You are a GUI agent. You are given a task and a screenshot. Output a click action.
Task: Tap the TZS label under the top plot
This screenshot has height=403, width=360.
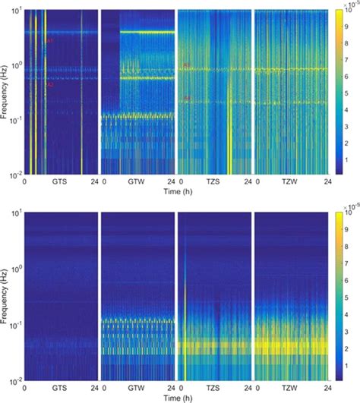click(x=213, y=183)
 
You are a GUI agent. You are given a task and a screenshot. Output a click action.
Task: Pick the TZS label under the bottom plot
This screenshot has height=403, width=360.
click(x=213, y=388)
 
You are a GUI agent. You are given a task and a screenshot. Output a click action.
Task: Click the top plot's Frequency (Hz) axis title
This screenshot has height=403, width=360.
click(x=6, y=93)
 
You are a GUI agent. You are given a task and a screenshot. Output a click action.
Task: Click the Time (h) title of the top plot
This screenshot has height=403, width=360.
click(x=175, y=192)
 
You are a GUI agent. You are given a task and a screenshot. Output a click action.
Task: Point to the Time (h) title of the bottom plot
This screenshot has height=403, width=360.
click(x=175, y=397)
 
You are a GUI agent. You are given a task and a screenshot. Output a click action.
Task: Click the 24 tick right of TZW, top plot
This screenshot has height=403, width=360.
click(x=325, y=183)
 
